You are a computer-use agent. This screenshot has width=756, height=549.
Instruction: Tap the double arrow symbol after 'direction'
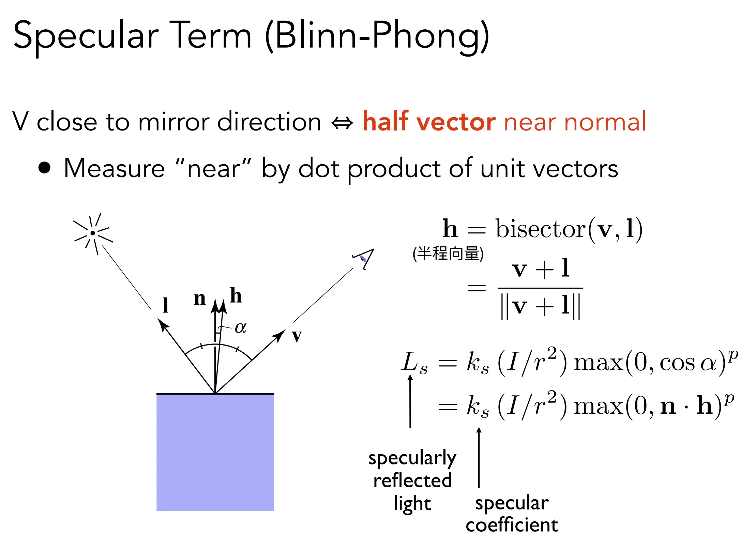(x=342, y=123)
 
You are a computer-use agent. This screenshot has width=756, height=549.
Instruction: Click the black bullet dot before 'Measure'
(x=44, y=168)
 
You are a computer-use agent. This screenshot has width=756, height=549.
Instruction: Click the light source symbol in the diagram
(x=93, y=233)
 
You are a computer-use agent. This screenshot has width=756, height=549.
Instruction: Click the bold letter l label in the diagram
(x=165, y=305)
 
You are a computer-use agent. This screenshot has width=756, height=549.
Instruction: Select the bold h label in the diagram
(x=236, y=295)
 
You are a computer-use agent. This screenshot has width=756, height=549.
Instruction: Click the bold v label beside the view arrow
(x=297, y=336)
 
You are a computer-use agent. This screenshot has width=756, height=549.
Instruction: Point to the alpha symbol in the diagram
(x=241, y=328)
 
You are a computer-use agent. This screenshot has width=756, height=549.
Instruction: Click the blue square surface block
(x=215, y=452)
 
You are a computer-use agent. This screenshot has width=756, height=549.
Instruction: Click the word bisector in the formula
(x=541, y=229)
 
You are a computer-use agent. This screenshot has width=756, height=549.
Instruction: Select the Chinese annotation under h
(x=448, y=253)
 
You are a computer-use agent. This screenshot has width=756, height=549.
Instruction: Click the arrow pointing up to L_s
(x=410, y=401)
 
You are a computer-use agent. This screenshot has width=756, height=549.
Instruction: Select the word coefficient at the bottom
(x=512, y=524)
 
